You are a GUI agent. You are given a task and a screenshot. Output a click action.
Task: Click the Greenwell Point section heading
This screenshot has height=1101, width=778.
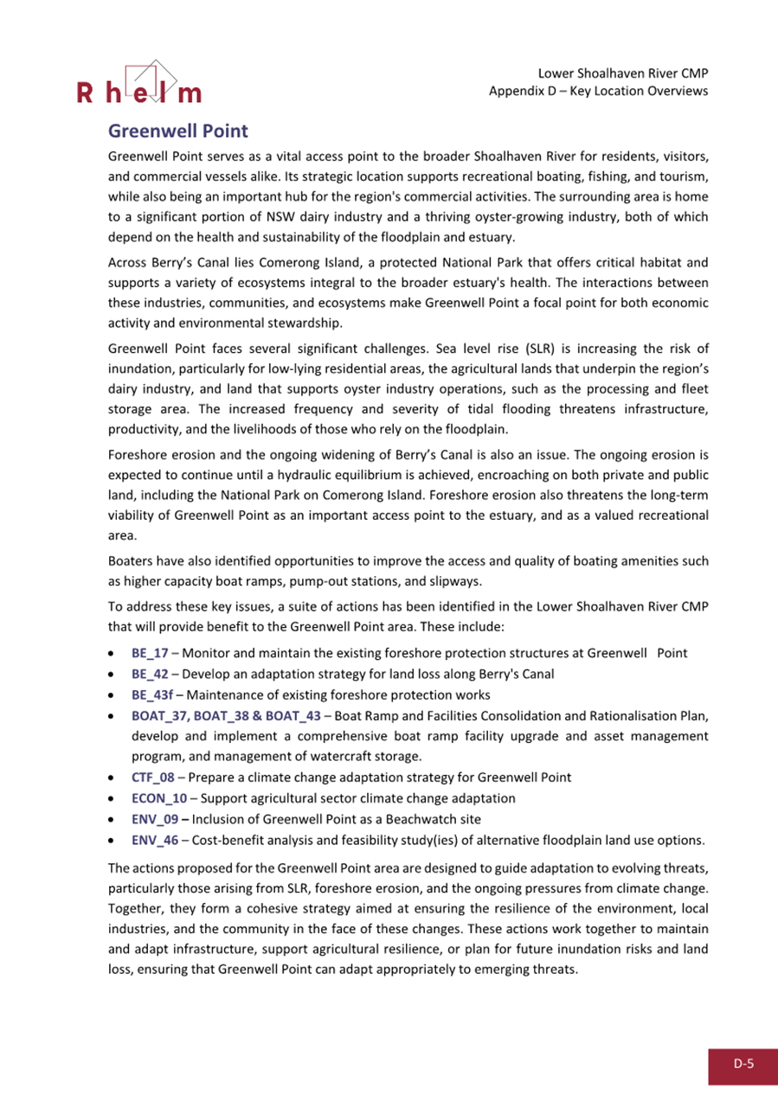point(178,131)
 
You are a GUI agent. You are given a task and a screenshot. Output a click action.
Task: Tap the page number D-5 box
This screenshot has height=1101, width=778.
point(743,1066)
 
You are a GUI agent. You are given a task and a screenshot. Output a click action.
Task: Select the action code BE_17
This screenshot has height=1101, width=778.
point(150,653)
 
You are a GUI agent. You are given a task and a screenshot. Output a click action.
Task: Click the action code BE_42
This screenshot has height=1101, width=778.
point(150,674)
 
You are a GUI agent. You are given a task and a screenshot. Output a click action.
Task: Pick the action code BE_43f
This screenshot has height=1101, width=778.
point(153,695)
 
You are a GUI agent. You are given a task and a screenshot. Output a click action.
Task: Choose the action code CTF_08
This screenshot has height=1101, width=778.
point(152,777)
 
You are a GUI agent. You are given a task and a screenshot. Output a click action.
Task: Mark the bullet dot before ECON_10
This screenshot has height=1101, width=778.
point(112,797)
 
